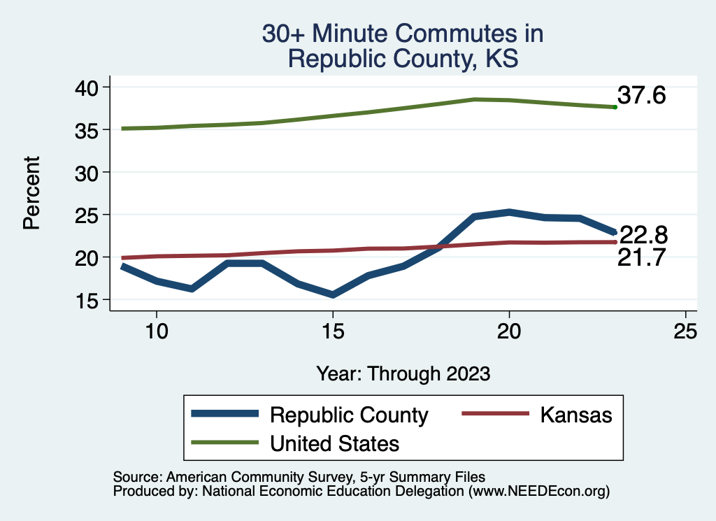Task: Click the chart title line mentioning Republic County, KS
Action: click(x=403, y=58)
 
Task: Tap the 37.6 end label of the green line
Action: click(x=641, y=96)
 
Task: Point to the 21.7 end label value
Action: click(x=640, y=259)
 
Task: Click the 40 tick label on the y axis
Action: click(x=88, y=87)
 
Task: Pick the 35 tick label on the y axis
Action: click(x=88, y=129)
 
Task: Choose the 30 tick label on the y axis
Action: click(x=88, y=172)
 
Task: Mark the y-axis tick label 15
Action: click(x=88, y=300)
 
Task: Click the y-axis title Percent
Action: click(x=31, y=193)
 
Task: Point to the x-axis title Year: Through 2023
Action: click(x=403, y=373)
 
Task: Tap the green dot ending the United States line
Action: click(x=615, y=107)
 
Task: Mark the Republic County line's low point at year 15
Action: click(x=333, y=295)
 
